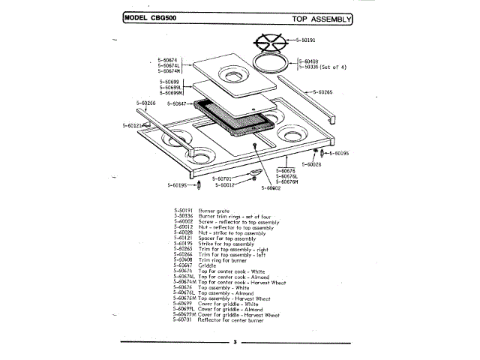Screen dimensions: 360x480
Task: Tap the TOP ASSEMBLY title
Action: click(x=319, y=17)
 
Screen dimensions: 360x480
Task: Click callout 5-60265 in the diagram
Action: click(x=323, y=92)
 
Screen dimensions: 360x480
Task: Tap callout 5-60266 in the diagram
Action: click(x=146, y=102)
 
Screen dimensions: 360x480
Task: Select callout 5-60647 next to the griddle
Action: click(x=179, y=103)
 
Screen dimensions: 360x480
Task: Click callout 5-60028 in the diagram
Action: click(x=311, y=163)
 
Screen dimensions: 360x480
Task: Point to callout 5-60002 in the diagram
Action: click(x=271, y=188)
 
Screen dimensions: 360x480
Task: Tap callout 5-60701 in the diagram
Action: click(x=222, y=178)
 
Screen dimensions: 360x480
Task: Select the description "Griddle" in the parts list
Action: click(x=208, y=265)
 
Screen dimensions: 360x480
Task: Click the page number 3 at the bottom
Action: click(x=234, y=343)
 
